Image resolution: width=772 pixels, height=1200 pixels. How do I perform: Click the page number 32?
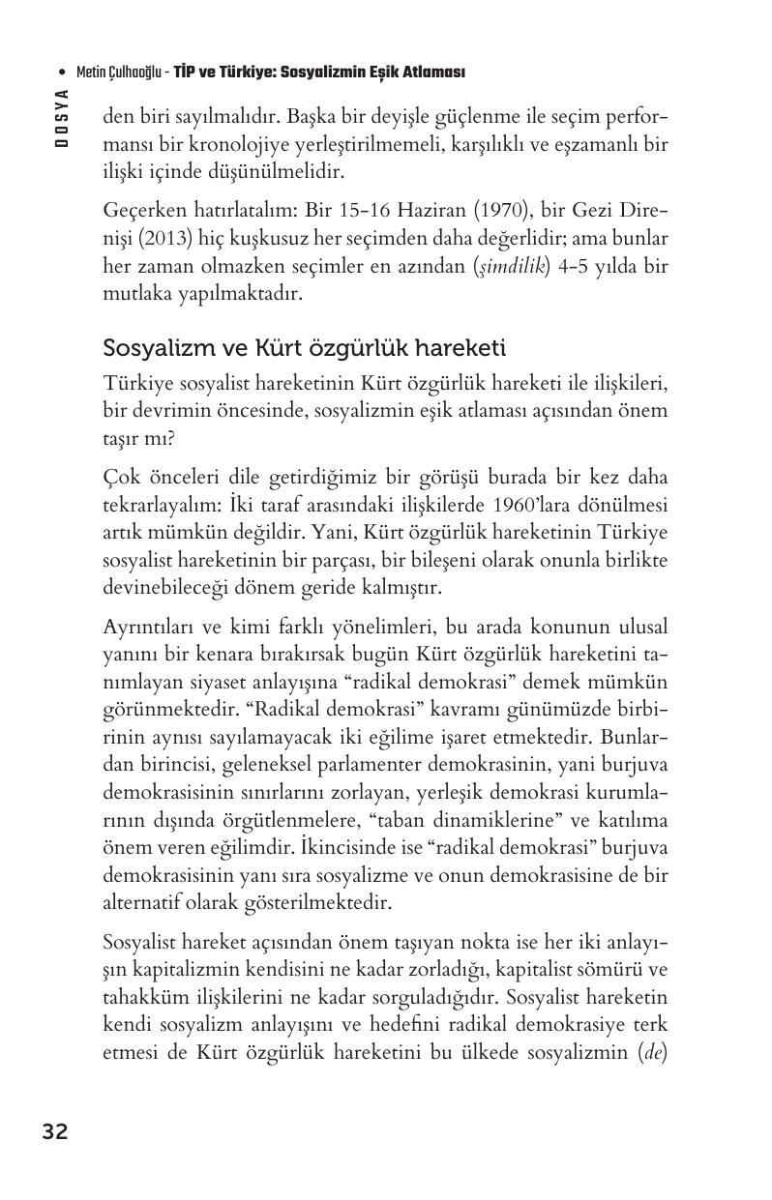55,1131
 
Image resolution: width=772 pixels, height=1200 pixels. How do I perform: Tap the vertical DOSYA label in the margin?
62,117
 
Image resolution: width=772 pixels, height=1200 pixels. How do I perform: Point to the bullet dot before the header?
62,73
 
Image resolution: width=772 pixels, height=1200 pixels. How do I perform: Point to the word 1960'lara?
530,505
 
